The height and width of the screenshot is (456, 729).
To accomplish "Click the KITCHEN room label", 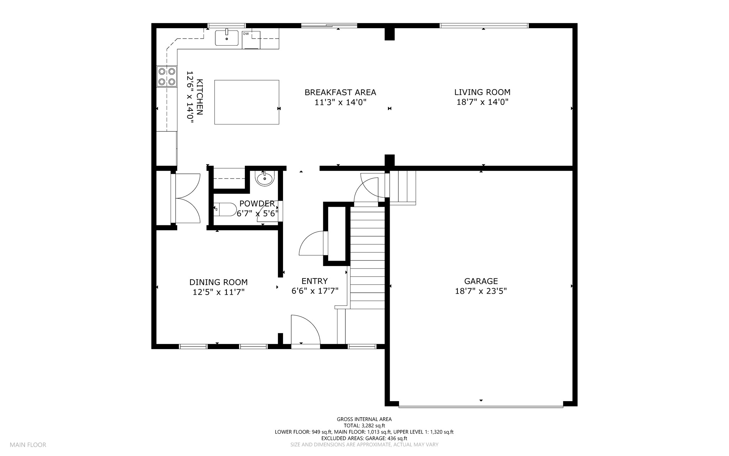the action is pyautogui.click(x=200, y=97).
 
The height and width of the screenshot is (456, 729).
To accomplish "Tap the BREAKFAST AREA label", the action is pyautogui.click(x=340, y=92).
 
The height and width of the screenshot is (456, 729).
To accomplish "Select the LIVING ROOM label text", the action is pyautogui.click(x=482, y=92).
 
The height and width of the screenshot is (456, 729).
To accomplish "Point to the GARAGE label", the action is pyautogui.click(x=481, y=281).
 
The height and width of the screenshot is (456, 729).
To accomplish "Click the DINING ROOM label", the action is pyautogui.click(x=219, y=282).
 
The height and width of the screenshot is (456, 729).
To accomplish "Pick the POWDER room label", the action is pyautogui.click(x=257, y=204).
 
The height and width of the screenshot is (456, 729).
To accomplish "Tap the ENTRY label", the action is pyautogui.click(x=315, y=281).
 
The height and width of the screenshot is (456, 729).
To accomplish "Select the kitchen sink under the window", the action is pyautogui.click(x=227, y=38).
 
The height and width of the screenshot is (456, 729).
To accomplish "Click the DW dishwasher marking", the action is pyautogui.click(x=246, y=34).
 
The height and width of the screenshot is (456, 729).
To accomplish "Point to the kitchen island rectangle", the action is pyautogui.click(x=247, y=102).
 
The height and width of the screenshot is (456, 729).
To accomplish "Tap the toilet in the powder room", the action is pyautogui.click(x=225, y=210).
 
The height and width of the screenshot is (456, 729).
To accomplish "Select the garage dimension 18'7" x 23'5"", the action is pyautogui.click(x=481, y=291).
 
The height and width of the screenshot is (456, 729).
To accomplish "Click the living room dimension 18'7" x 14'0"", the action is pyautogui.click(x=482, y=102).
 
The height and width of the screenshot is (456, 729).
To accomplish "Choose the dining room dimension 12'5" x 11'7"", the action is pyautogui.click(x=219, y=292).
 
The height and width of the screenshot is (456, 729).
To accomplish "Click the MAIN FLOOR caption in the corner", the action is pyautogui.click(x=28, y=445).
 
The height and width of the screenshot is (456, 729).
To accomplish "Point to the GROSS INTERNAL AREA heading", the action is pyautogui.click(x=364, y=419).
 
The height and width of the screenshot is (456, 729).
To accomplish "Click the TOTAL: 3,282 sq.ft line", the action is pyautogui.click(x=364, y=426).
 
